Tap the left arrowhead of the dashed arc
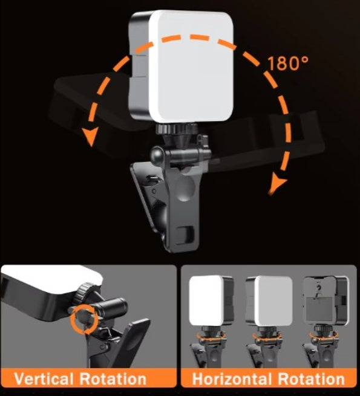91,137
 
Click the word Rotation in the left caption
113,379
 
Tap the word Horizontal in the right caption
228,379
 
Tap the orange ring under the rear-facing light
321,334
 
